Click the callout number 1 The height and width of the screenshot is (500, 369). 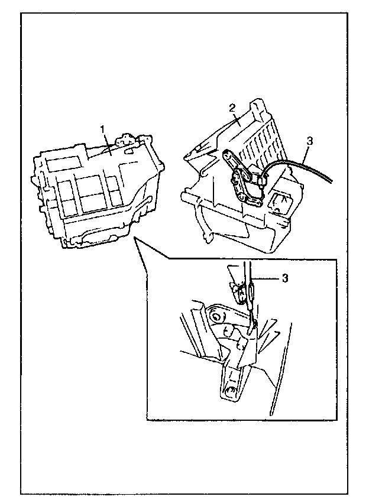(x=102, y=128)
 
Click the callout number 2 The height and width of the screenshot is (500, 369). (x=232, y=107)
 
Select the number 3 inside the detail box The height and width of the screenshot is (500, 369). (x=285, y=278)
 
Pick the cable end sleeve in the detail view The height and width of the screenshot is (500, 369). (x=251, y=293)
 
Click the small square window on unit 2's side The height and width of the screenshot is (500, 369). (x=279, y=204)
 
